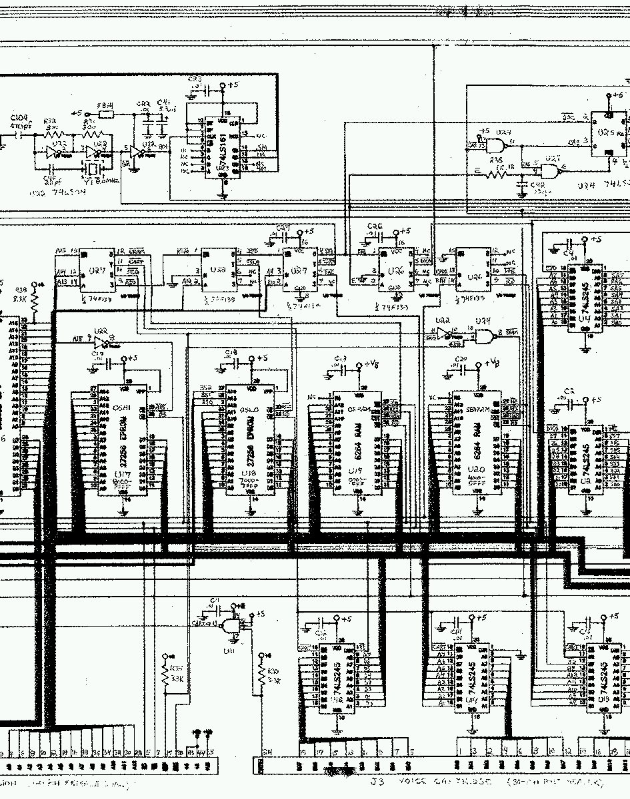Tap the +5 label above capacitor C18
(261, 358)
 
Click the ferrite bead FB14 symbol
(106, 114)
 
